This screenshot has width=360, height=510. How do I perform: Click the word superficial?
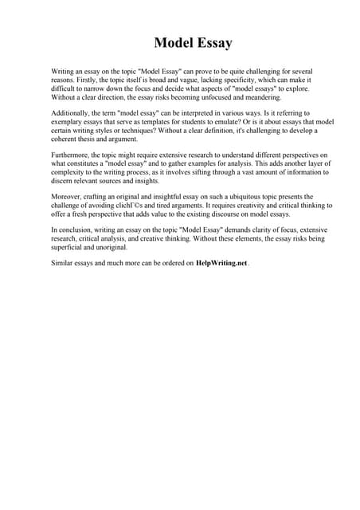click(x=70, y=248)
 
